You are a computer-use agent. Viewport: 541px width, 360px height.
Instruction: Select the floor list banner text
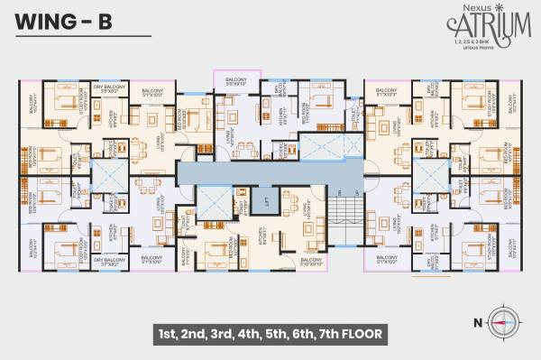[x=270, y=334]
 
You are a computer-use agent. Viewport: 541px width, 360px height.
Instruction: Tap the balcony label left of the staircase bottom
[x=309, y=263]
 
